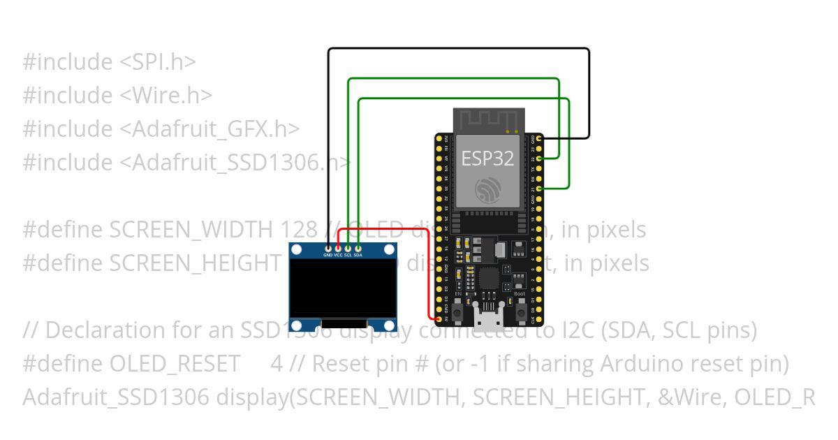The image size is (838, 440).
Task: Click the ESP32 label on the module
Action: point(487,159)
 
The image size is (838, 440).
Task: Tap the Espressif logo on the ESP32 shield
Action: point(487,189)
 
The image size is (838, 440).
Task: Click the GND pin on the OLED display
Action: point(328,247)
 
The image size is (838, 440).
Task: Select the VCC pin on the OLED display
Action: point(338,247)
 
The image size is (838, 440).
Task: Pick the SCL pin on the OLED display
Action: point(348,247)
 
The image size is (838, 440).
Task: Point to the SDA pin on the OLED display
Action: point(358,247)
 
